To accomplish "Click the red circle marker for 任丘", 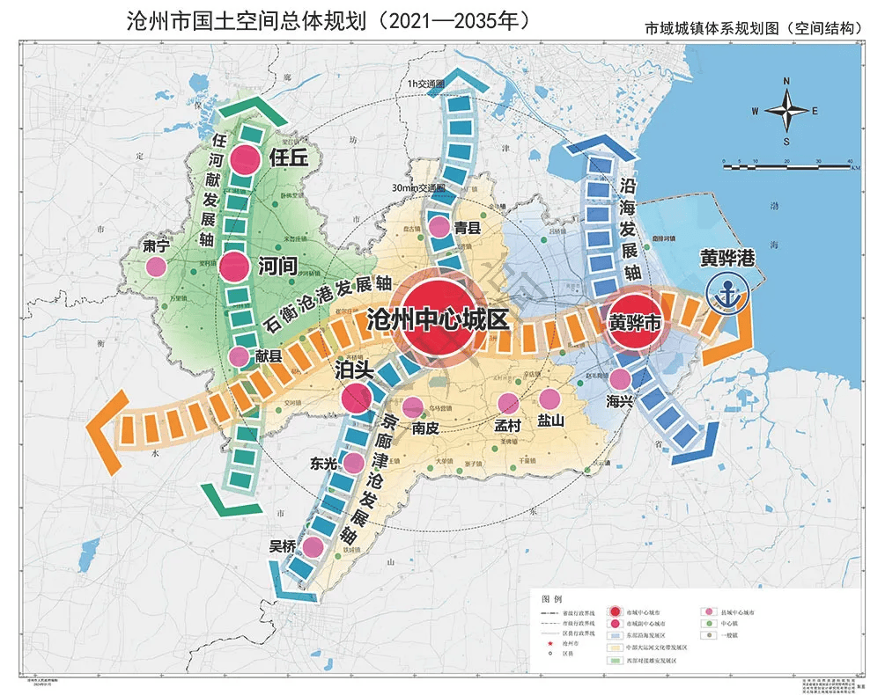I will tap(246, 160).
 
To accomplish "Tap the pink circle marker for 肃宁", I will tap(156, 267).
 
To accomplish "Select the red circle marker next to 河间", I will tap(234, 267).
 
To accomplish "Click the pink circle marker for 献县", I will tap(239, 356).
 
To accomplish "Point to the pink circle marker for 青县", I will tap(439, 228).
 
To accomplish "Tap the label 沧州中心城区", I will tap(438, 319).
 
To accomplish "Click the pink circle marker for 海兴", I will tap(620, 379).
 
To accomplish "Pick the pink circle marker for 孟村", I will tap(508, 403).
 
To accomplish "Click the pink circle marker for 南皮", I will tap(412, 406).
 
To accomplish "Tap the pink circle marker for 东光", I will tap(353, 462).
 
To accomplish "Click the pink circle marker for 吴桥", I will tap(312, 546).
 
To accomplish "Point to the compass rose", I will tap(786, 110).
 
